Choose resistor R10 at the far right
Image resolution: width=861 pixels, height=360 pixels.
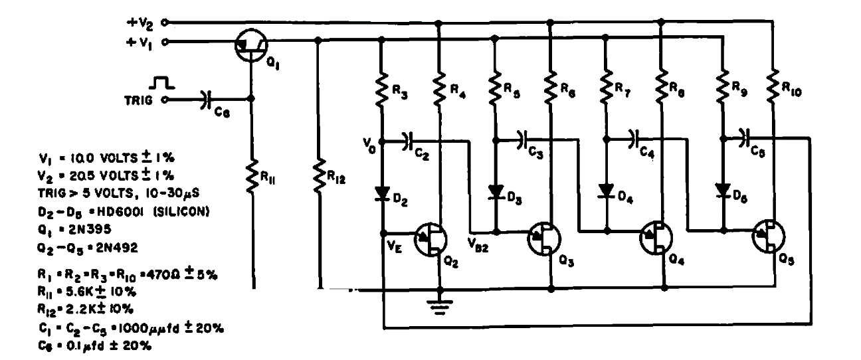[x=773, y=84]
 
